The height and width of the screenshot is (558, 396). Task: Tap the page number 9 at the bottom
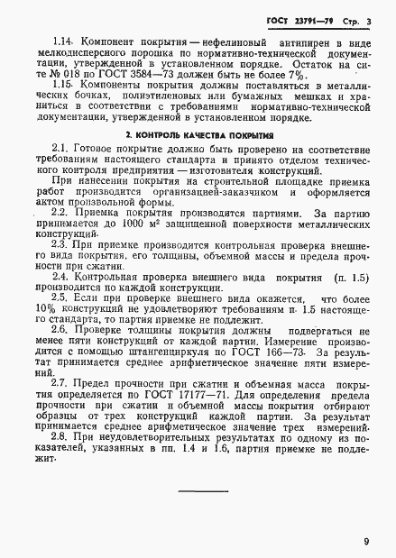[x=366, y=542]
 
